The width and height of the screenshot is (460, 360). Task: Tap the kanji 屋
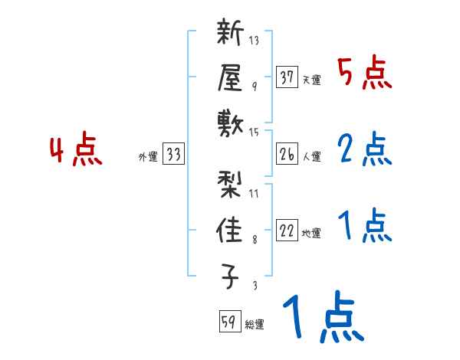click(232, 77)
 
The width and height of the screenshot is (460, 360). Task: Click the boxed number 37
click(287, 77)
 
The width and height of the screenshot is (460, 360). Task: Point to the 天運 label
click(311, 80)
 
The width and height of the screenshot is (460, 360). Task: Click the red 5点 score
click(364, 73)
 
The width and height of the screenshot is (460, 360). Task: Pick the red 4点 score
click(76, 151)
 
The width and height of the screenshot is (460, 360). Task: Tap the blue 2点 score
click(364, 150)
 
